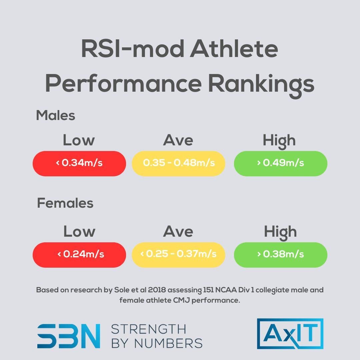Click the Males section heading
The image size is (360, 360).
[56, 116]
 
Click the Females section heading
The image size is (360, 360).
[65, 203]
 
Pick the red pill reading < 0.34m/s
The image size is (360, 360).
[79, 163]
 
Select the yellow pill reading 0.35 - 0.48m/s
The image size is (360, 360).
[179, 163]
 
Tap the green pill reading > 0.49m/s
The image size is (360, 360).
[280, 163]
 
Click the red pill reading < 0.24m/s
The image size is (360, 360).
[79, 255]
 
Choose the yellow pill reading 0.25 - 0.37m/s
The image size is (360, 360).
[179, 255]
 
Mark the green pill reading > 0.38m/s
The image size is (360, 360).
[280, 255]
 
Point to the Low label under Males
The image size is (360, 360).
[79, 140]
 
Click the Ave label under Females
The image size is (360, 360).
[178, 232]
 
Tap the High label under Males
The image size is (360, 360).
[279, 141]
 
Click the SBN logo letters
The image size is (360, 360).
[69, 336]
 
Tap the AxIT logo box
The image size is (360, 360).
[290, 334]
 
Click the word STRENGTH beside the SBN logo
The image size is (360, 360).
[148, 329]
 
